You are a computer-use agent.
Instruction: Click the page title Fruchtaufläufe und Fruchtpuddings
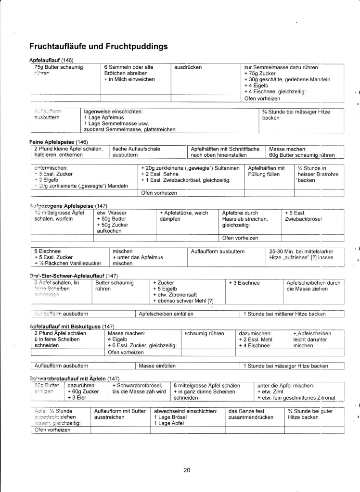(98, 47)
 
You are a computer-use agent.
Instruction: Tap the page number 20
(187, 470)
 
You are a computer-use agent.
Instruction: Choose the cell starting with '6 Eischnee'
(70, 257)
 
